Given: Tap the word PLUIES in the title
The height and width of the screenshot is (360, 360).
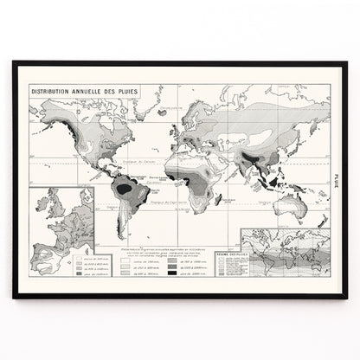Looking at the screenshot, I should point(127,89).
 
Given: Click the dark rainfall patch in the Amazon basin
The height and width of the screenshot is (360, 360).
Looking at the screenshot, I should point(125,188).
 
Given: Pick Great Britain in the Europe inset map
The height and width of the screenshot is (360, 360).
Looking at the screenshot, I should point(57,212).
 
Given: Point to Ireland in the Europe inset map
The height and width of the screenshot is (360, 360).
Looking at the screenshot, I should point(48,214).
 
